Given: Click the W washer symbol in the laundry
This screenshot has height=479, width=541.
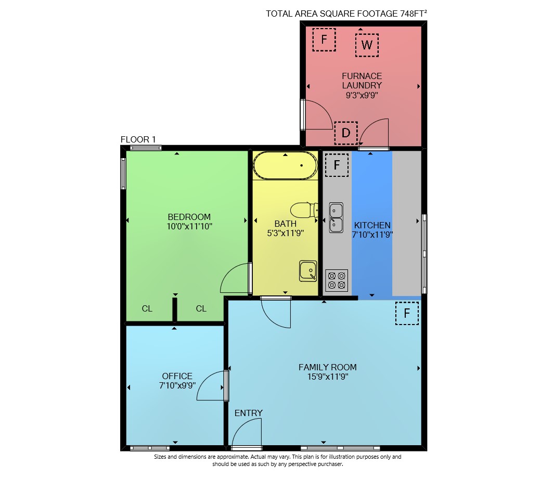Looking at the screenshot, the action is coord(367,45).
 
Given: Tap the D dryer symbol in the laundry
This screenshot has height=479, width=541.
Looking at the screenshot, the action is coord(346,133).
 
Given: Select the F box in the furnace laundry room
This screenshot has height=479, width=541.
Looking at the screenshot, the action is coord(324,40).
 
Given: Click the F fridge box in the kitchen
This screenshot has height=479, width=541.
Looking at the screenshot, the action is coord(337,165).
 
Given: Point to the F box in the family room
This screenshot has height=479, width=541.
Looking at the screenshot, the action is coord(407,313).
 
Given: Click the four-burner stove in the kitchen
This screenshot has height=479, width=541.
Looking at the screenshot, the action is coord(337,280).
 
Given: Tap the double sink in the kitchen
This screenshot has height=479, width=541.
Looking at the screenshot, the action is coord(336,217).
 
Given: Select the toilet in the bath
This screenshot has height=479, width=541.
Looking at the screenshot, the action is coord(304,210).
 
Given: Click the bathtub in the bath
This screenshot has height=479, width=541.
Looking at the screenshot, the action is coord(286,165).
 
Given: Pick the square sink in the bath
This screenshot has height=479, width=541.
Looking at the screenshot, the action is coord(308,271).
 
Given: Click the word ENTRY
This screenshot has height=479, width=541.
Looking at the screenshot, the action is coord(249,413).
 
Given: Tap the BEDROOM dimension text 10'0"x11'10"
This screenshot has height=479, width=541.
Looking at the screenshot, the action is coord(189,226).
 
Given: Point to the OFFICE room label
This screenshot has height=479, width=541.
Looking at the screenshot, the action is coord(177,376).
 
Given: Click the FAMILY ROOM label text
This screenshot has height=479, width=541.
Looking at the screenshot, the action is coord(327,367).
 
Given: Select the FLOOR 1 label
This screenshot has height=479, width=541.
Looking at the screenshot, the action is coord(138,139).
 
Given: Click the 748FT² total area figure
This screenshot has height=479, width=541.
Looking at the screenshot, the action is coord(414,14).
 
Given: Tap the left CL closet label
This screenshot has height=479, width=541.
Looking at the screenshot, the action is coord(147,308).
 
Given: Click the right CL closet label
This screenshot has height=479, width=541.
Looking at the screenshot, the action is coord(201,308).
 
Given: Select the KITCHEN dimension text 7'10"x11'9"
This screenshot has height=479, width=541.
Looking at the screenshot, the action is coord(372,235).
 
